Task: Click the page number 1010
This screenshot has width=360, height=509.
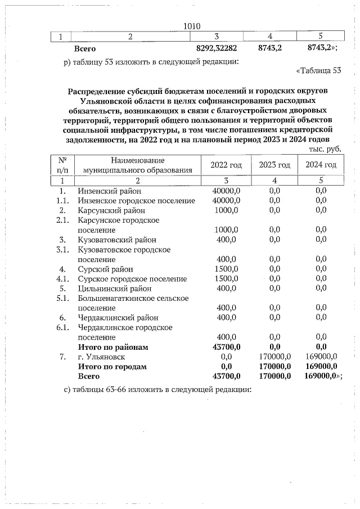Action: pos(192,25)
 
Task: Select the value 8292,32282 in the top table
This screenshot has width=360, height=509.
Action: pos(217,49)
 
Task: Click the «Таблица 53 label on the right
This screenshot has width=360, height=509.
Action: pos(318,70)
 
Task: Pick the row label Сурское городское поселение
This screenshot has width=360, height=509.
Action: pos(132,278)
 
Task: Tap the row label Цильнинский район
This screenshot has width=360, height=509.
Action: pos(114,289)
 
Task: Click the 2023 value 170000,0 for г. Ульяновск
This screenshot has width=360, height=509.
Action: pos(275,357)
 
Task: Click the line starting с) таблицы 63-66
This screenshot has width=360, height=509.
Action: pos(157,390)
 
